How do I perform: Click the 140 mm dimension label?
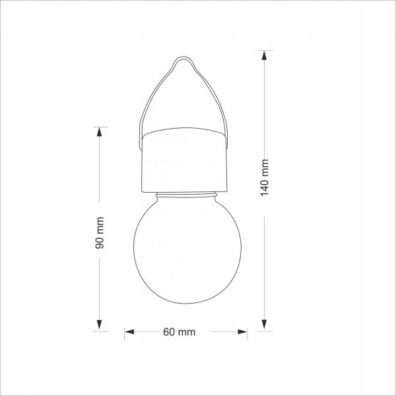[x=264, y=178]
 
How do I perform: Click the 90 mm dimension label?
[x=99, y=232]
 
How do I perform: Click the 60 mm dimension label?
[x=179, y=332]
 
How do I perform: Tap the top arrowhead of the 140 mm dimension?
[x=264, y=55]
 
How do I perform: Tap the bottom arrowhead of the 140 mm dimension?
[x=264, y=325]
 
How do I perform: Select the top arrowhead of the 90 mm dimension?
[x=99, y=132]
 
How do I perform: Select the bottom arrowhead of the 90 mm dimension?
[x=99, y=325]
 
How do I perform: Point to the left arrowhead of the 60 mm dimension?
[x=129, y=331]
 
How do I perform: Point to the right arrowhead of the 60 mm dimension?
[x=242, y=331]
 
